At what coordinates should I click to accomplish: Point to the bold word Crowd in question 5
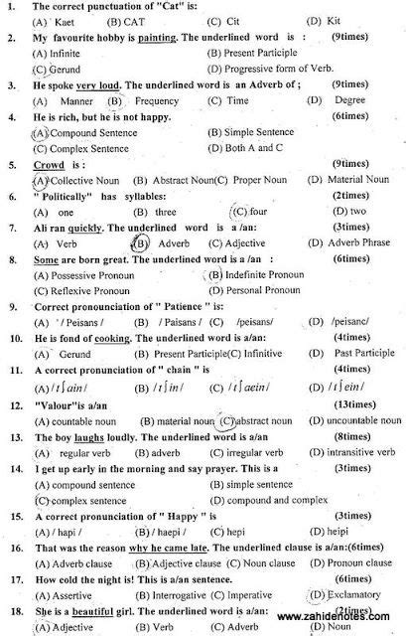tap(50, 163)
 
